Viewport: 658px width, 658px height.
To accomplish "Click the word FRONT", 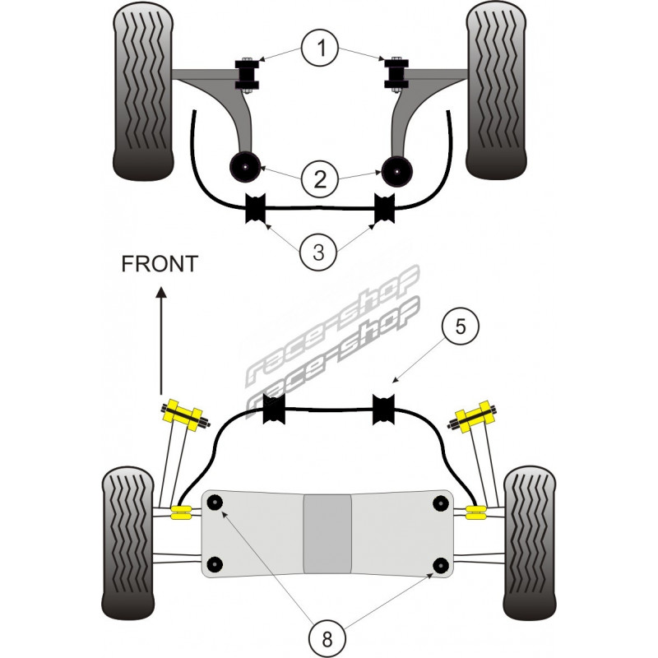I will [160, 264].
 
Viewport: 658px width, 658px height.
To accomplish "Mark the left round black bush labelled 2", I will [244, 168].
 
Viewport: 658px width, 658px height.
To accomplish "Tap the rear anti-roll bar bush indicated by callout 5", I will [385, 410].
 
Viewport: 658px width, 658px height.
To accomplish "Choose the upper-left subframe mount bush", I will [217, 503].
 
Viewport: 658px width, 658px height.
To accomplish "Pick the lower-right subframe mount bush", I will [442, 565].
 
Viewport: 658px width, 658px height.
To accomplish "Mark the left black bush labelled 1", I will [246, 74].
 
